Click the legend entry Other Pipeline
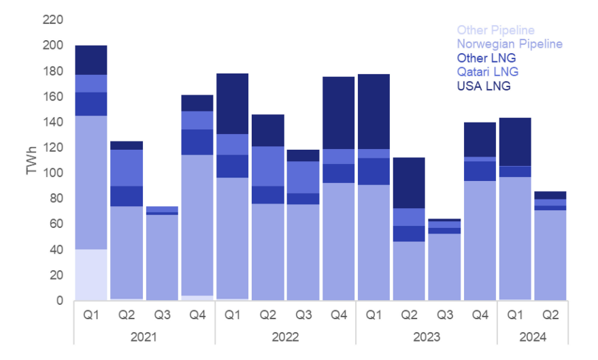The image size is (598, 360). pyautogui.click(x=495, y=30)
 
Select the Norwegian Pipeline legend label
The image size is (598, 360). pyautogui.click(x=510, y=44)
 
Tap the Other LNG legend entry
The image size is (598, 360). pyautogui.click(x=486, y=58)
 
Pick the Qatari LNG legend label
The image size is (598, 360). pyautogui.click(x=487, y=72)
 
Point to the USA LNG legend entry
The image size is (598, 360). pyautogui.click(x=484, y=86)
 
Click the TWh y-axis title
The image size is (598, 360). pyautogui.click(x=31, y=161)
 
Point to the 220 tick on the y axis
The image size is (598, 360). pyautogui.click(x=53, y=20)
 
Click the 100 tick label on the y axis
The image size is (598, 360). pyautogui.click(x=53, y=173)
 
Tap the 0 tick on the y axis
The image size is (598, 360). pyautogui.click(x=60, y=300)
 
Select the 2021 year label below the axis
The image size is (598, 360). pyautogui.click(x=144, y=337)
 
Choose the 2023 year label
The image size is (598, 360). pyautogui.click(x=426, y=337)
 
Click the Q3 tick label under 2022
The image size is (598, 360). pyautogui.click(x=303, y=316)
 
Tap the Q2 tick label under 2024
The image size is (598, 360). pyautogui.click(x=550, y=316)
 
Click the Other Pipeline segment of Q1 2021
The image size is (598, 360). pyautogui.click(x=91, y=274)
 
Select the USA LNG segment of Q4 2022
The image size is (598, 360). pyautogui.click(x=338, y=113)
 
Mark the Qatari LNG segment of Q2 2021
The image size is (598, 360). pyautogui.click(x=127, y=167)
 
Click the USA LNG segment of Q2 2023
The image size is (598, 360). pyautogui.click(x=409, y=182)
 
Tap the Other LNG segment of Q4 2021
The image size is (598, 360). pyautogui.click(x=197, y=142)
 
